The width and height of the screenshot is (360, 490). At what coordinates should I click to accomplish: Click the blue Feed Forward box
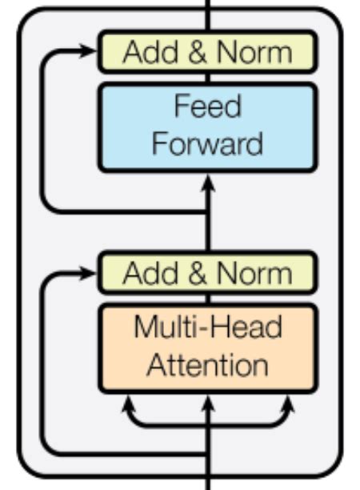coord(207,127)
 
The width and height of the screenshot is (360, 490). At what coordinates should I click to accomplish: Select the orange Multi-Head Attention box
coord(207,347)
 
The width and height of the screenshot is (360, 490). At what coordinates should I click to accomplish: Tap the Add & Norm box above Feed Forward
coord(207,52)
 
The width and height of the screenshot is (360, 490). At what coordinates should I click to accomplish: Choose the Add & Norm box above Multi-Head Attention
coord(207,274)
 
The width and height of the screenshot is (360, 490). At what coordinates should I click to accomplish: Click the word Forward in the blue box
coord(207,144)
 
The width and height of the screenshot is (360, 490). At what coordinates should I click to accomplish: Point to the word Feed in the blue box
coord(207,106)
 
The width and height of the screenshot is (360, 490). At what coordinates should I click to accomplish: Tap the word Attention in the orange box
coord(207,365)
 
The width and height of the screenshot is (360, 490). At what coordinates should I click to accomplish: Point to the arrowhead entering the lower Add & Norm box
coord(89,274)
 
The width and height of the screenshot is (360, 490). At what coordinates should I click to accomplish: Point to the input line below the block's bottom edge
coord(208,483)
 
